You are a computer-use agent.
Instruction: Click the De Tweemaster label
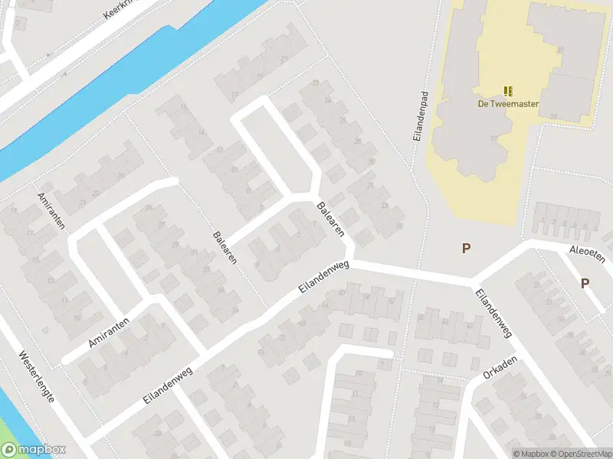(508, 104)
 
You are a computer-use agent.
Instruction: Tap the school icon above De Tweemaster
(508, 92)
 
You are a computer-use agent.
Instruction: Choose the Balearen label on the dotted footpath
(225, 247)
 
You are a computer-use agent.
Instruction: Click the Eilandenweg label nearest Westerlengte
(166, 382)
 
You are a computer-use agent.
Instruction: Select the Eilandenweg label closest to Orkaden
(493, 313)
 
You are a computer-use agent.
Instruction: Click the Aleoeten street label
(587, 254)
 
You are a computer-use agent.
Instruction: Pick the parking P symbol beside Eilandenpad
(465, 248)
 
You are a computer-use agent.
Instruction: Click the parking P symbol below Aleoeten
(585, 283)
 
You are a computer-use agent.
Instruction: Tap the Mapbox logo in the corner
(34, 451)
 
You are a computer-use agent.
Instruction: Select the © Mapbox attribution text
(532, 454)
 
